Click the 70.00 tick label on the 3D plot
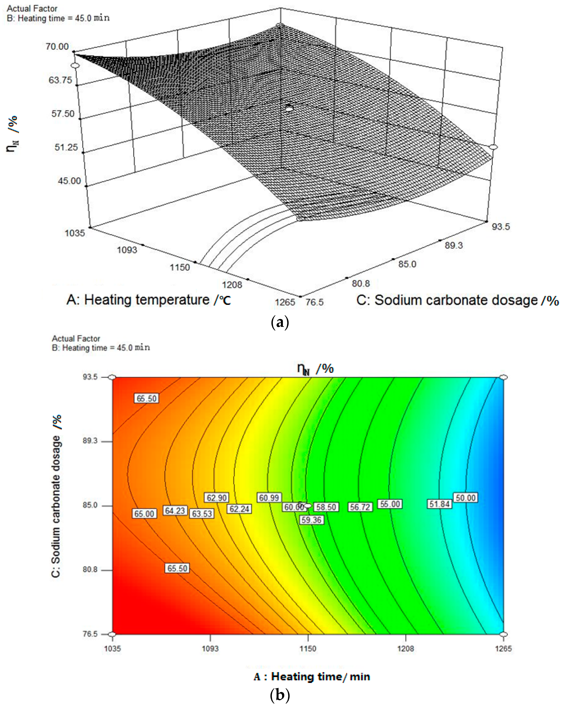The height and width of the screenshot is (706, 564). pyautogui.click(x=57, y=47)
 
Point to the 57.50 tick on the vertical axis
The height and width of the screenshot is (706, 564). pyautogui.click(x=63, y=114)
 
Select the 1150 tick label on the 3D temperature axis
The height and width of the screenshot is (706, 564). pyautogui.click(x=180, y=267)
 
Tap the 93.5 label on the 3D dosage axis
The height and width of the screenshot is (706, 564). pyautogui.click(x=500, y=227)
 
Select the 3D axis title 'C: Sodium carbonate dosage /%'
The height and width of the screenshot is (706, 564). pyautogui.click(x=457, y=300)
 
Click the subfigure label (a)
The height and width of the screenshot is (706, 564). pyautogui.click(x=280, y=323)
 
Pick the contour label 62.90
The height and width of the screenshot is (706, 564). pyautogui.click(x=216, y=498)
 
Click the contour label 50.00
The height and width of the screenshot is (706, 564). pyautogui.click(x=465, y=498)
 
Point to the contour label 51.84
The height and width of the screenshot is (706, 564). pyautogui.click(x=439, y=504)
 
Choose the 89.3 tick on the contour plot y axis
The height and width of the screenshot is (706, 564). pyautogui.click(x=90, y=441)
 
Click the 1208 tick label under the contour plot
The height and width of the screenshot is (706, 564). pyautogui.click(x=406, y=649)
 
